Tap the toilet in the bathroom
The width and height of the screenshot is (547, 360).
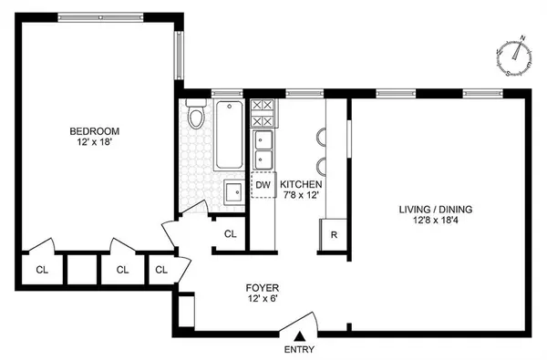[x=196, y=118]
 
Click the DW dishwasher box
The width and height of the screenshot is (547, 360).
[x=263, y=186]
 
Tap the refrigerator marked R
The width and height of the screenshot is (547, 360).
[x=334, y=233]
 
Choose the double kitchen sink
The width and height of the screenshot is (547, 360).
[x=263, y=149]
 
